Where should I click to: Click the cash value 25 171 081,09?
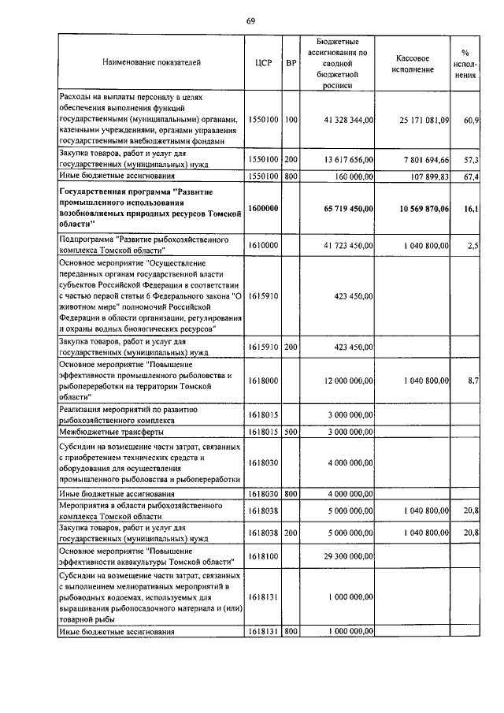(424, 120)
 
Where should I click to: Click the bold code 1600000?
(264, 207)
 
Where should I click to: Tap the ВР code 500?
(291, 432)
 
